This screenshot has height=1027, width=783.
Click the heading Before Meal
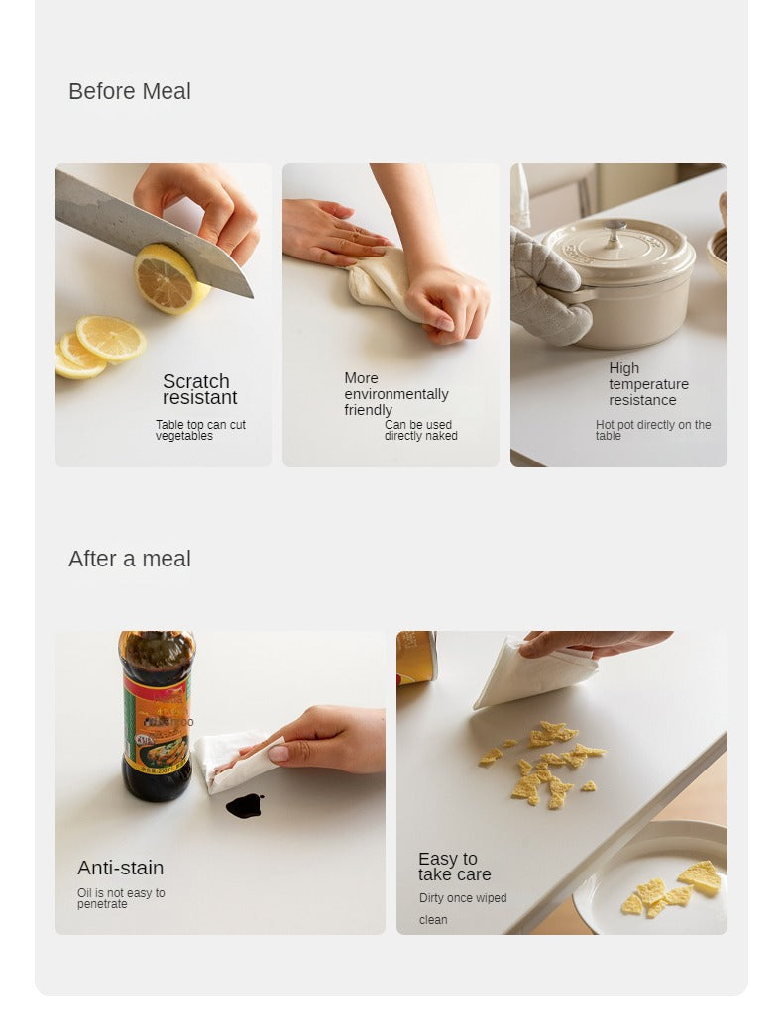130,92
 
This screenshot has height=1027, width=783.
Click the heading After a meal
130,559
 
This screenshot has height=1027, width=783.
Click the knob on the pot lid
614,233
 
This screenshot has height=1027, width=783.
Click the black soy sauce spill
245,805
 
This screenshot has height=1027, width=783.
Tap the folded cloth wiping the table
534,674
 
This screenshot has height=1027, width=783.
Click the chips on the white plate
672,889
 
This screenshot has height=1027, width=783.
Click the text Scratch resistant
200,390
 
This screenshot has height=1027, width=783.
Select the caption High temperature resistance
648,384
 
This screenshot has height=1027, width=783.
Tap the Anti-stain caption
121,868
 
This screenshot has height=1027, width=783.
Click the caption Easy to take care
455,867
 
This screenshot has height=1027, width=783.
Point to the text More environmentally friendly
396,394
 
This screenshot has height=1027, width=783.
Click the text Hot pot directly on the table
653,431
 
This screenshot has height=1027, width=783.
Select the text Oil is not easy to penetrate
121,898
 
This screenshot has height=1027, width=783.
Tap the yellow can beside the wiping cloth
416,658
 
